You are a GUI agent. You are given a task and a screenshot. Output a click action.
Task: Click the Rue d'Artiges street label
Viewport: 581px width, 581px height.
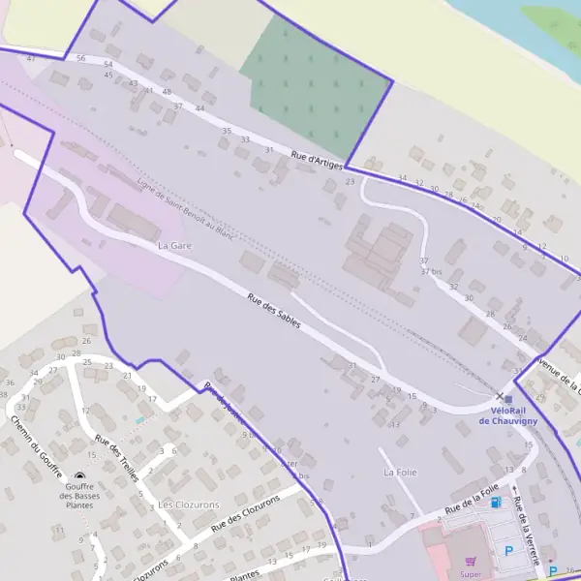pos(318,160)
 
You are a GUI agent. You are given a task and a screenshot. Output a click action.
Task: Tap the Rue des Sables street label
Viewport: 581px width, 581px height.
pos(274,311)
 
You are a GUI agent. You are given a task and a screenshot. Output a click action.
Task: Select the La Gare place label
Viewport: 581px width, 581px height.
pos(174,246)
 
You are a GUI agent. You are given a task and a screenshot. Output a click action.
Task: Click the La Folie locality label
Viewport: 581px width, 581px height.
pos(400,473)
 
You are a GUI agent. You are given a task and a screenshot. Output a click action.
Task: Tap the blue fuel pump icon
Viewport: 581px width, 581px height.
pos(497,503)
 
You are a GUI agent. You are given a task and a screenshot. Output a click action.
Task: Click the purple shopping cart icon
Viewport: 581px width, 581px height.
pos(472,560)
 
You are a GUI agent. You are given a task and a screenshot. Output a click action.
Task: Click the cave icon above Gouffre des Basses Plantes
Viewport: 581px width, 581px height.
pos(79,477)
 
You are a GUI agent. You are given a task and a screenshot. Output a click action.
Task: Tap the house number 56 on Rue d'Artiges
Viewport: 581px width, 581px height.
pos(80,59)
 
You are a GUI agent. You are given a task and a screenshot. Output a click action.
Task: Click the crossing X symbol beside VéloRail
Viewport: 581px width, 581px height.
pos(500,396)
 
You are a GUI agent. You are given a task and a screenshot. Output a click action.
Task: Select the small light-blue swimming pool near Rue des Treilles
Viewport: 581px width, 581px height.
pos(141,419)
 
